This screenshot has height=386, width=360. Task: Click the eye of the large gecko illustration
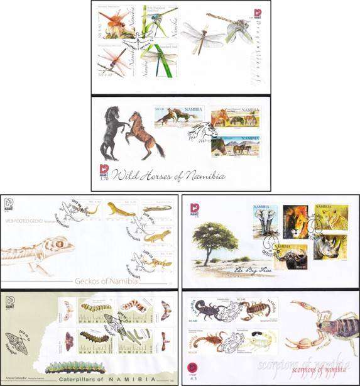tap(60, 242)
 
